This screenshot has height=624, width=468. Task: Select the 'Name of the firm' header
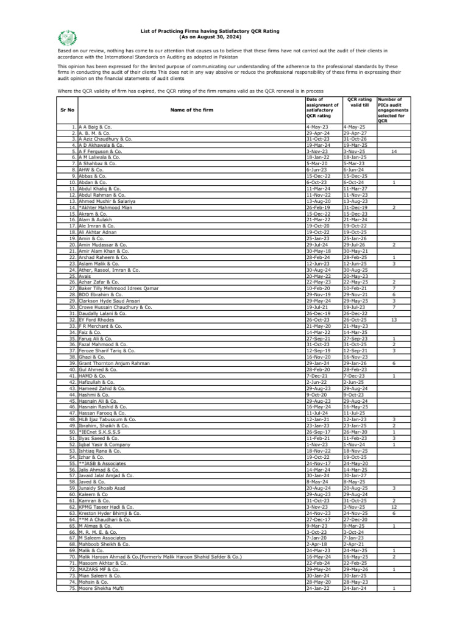pyautogui.click(x=190, y=110)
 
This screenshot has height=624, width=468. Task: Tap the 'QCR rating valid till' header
pyautogui.click(x=359, y=101)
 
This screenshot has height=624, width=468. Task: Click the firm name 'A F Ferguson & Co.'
pyautogui.click(x=101, y=151)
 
